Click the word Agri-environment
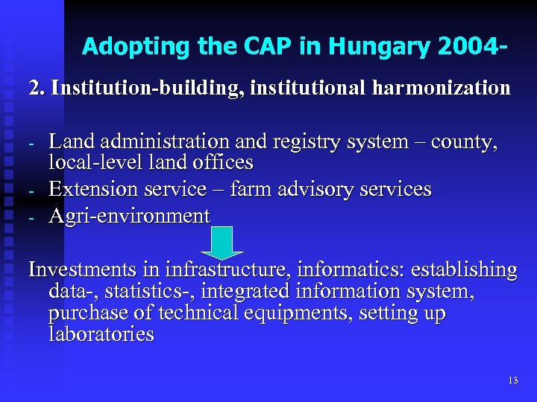[129, 216]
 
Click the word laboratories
[101, 334]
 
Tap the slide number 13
[512, 380]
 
